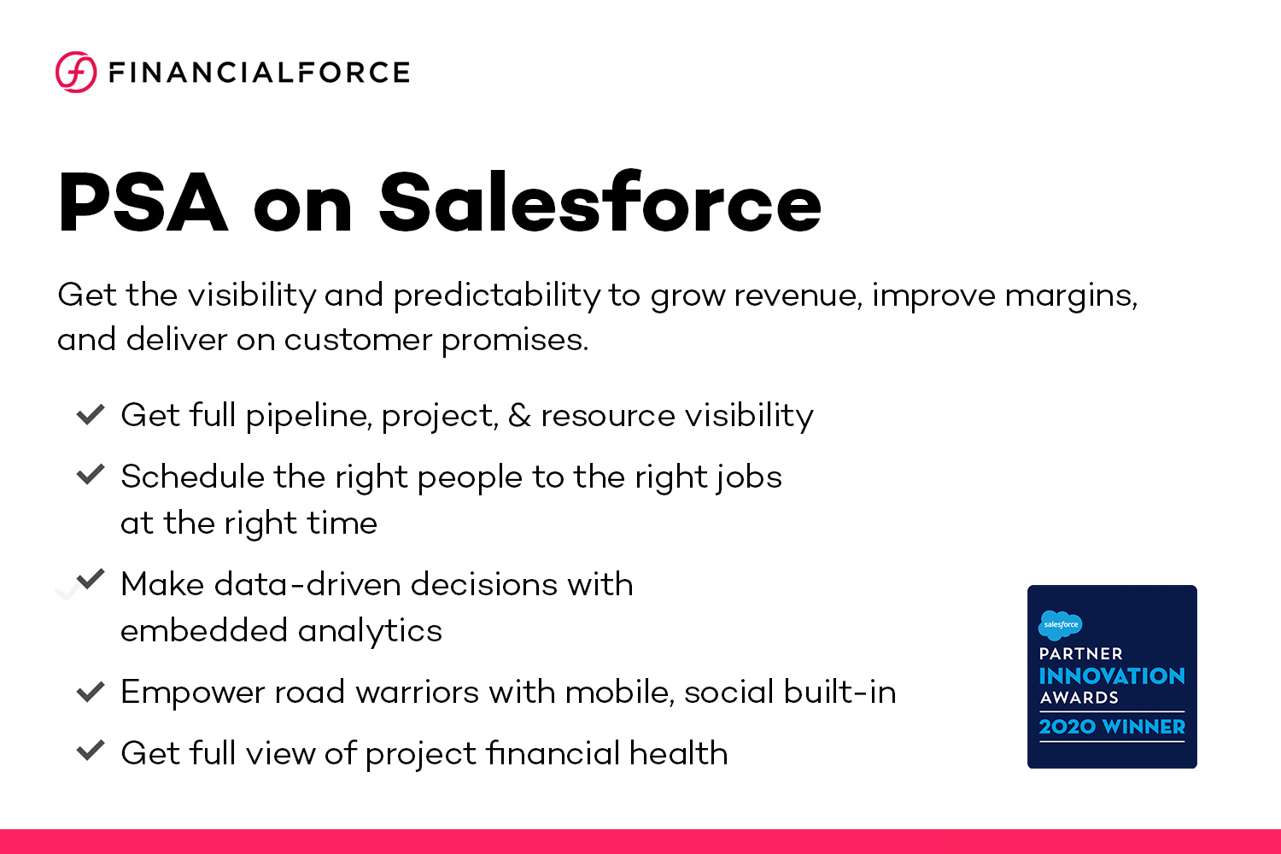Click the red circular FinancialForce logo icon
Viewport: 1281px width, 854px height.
[x=76, y=72]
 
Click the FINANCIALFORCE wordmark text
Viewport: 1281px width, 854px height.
[x=260, y=73]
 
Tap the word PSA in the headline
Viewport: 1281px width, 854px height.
[x=143, y=203]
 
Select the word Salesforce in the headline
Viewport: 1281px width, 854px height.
[x=600, y=203]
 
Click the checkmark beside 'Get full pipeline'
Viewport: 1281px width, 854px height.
[x=91, y=415]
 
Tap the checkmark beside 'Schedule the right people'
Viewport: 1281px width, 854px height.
[x=91, y=475]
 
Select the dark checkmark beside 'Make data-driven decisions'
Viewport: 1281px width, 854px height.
[x=91, y=579]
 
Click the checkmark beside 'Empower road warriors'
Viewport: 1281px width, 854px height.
[x=91, y=692]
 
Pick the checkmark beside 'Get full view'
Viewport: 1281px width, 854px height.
[x=91, y=752]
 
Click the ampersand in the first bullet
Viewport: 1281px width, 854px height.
[x=519, y=416]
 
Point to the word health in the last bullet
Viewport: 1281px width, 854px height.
[x=678, y=753]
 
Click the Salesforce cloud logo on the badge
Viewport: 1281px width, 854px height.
[x=1060, y=625]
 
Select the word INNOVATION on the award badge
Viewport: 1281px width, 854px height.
[x=1112, y=676]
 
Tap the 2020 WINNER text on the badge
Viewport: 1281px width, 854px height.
[x=1112, y=727]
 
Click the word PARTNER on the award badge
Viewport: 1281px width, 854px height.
[x=1080, y=654]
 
